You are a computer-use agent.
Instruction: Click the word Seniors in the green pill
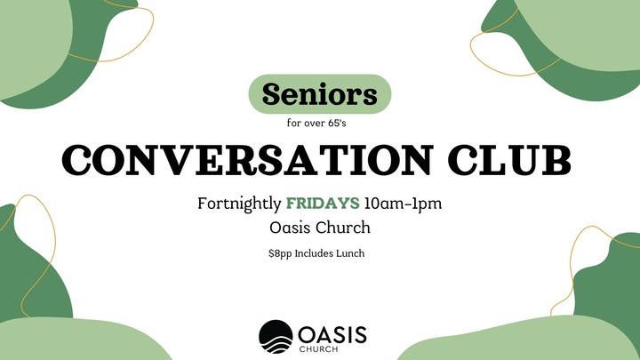320,93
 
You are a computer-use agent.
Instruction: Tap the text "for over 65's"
320,124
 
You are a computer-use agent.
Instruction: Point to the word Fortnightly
236,204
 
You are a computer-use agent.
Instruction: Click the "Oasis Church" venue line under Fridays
320,228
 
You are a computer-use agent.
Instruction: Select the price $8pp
280,253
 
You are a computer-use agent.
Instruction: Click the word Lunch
350,253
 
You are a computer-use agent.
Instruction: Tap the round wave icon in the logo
275,335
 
